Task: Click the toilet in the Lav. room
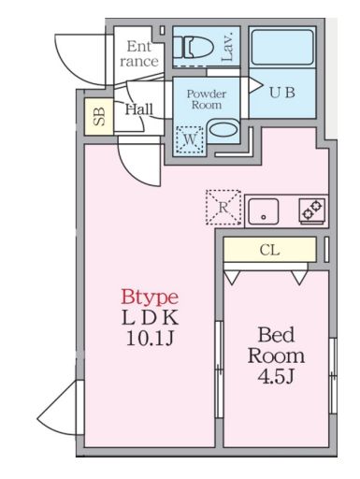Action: point(194,48)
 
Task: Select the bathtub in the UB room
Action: point(282,47)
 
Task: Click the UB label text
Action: point(281,93)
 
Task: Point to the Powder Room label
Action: point(207,99)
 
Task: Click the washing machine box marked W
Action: point(190,139)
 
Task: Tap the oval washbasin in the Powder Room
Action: point(223,129)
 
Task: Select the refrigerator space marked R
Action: point(223,207)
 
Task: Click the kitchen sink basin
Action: point(264,210)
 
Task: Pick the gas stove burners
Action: point(312,210)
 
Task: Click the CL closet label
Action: point(269,250)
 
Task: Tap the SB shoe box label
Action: point(99,117)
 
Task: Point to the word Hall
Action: point(139,109)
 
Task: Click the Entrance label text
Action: point(139,54)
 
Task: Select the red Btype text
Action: point(150,297)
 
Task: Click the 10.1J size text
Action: point(150,338)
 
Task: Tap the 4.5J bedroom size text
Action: point(276,376)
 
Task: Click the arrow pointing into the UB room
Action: point(254,85)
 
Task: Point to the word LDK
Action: point(151,317)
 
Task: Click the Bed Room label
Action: point(276,345)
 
